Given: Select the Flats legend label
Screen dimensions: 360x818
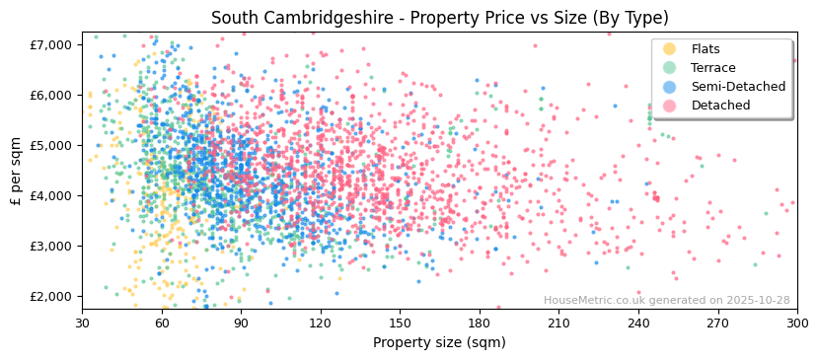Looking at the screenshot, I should click(706, 49).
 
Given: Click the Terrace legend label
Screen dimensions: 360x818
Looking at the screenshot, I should click(712, 68).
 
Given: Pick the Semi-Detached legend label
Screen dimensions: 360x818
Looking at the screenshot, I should click(738, 87).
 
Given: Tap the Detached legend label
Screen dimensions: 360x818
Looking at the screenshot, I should click(720, 106).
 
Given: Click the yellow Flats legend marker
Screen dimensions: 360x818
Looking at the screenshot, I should click(670, 49).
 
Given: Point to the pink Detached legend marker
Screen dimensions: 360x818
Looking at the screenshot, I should click(670, 106).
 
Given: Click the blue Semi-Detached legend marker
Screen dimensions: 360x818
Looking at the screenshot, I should click(670, 87).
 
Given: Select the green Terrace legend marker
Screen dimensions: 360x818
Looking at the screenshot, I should click(670, 68).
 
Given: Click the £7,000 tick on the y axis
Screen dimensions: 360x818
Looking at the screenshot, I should click(51, 44).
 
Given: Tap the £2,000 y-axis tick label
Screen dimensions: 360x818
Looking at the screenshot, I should click(51, 296).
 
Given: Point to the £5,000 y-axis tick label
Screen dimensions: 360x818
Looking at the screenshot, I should click(51, 145).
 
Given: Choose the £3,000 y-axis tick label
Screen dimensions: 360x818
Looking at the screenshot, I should click(51, 246).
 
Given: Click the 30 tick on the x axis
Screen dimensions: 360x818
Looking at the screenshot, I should click(83, 323).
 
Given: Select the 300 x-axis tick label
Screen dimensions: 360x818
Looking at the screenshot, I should click(797, 323).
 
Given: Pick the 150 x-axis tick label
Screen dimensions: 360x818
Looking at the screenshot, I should click(401, 323).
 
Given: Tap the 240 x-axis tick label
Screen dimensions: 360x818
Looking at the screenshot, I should click(638, 323).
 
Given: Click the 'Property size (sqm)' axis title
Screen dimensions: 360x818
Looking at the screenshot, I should click(439, 342).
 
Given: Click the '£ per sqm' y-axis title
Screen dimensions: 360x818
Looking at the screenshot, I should click(16, 172).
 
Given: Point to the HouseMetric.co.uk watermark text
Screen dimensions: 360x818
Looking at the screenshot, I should click(666, 301).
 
